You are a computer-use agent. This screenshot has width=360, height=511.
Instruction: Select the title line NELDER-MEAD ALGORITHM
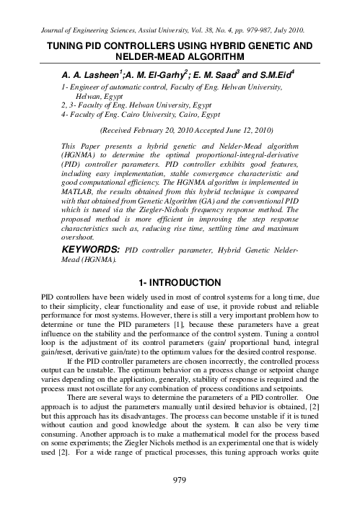pyautogui.click(x=180, y=56)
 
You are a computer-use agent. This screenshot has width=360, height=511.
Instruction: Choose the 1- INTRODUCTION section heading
pyautogui.click(x=180, y=279)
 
